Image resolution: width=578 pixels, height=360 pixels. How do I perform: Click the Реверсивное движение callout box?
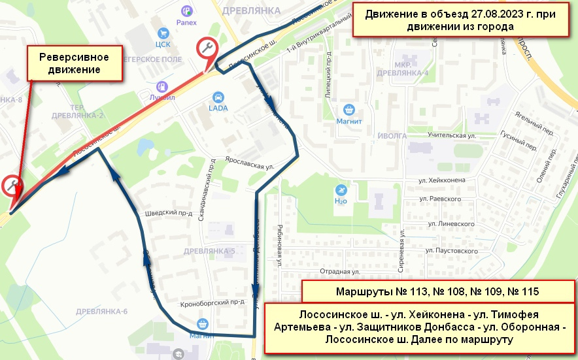[73, 63]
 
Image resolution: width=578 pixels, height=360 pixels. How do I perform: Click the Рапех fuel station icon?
[186, 10]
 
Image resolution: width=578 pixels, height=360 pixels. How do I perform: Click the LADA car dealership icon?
[218, 97]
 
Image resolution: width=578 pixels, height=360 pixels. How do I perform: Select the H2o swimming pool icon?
[340, 190]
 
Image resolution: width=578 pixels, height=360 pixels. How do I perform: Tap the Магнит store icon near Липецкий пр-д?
[349, 110]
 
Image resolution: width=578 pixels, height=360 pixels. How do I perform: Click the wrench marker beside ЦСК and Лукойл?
[207, 48]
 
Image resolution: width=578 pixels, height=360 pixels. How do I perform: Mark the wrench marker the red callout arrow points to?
[11, 186]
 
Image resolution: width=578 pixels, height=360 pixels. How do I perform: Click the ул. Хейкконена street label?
[442, 180]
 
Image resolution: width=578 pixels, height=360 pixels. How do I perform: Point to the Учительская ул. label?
[450, 135]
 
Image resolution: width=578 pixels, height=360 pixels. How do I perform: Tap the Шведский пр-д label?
[167, 213]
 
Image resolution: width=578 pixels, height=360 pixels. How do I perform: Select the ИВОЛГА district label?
[392, 136]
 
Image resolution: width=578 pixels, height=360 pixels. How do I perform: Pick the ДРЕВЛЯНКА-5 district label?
[209, 251]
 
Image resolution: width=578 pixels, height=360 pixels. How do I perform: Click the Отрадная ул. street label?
[341, 270]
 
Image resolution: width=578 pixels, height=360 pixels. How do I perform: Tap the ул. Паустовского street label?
[452, 250]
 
